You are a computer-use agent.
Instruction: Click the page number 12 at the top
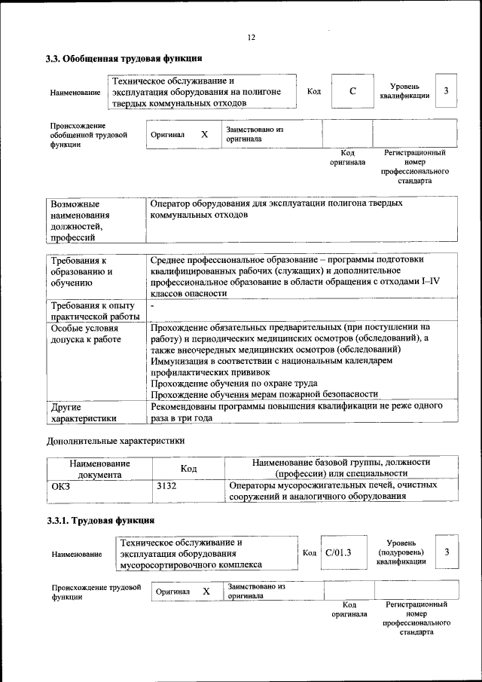tap(251, 38)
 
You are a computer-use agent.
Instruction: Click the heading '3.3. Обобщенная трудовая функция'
tap(124, 58)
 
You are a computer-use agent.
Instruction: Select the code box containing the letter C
tap(352, 92)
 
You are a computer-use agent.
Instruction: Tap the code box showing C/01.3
tap(334, 552)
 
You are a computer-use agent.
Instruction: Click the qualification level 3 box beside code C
tap(447, 91)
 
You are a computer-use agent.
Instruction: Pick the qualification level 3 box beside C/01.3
tap(447, 552)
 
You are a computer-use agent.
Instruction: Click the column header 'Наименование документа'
tap(99, 469)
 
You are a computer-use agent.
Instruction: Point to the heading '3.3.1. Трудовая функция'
tap(100, 520)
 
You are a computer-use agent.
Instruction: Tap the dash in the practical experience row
tap(152, 306)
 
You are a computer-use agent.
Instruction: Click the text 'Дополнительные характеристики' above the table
tap(115, 440)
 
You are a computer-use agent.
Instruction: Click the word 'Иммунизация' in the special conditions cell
tap(178, 361)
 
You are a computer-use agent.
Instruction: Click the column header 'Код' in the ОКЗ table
tap(189, 469)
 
